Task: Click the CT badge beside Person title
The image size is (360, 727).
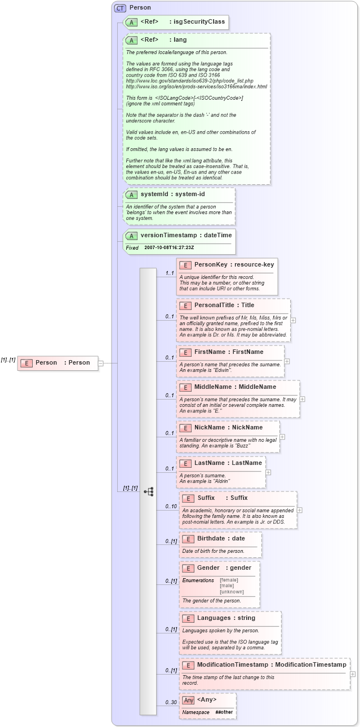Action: click(120, 8)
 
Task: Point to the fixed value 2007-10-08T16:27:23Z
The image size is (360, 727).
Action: click(169, 247)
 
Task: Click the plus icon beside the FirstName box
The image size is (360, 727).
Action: click(287, 361)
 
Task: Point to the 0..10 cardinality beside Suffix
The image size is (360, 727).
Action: click(171, 507)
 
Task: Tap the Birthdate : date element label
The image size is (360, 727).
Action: click(221, 538)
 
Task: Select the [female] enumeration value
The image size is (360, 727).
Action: click(229, 580)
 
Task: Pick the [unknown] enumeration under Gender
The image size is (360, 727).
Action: click(232, 592)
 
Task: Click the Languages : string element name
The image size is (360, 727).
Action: click(226, 618)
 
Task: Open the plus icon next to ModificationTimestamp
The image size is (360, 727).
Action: click(353, 673)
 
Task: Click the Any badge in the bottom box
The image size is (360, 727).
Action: click(189, 700)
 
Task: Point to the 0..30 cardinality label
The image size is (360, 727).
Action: click(171, 703)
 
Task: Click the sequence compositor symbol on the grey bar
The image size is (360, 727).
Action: click(149, 491)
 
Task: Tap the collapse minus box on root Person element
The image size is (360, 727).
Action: click(101, 363)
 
